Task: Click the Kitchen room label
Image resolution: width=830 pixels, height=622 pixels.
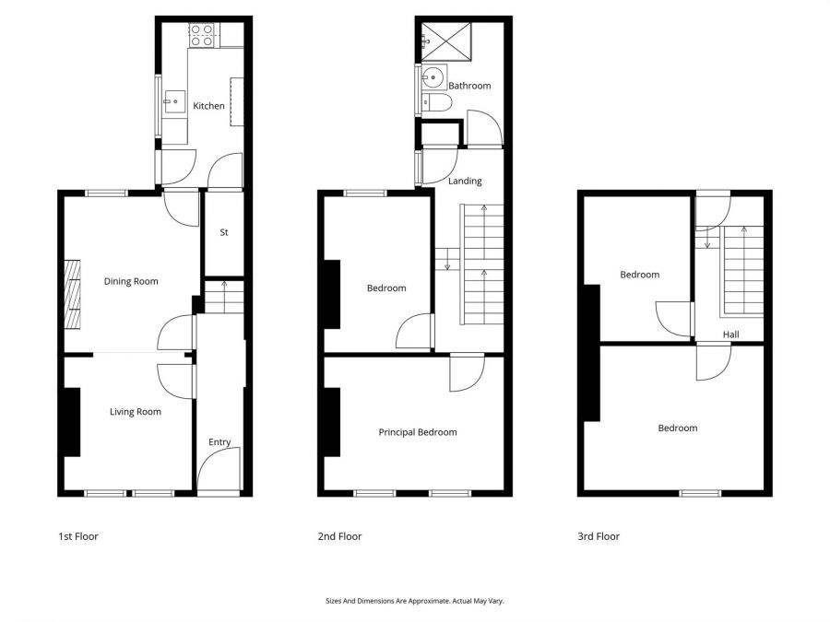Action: pos(208,106)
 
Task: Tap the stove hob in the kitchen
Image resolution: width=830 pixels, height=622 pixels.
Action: pos(202,35)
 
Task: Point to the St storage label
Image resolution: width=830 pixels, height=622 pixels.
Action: pos(223,233)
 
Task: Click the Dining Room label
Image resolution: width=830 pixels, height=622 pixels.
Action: pos(131,282)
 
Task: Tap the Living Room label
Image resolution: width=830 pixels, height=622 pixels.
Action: pos(136,412)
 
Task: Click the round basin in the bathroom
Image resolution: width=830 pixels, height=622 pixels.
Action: pos(434,76)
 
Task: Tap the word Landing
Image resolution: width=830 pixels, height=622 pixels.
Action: pos(465,182)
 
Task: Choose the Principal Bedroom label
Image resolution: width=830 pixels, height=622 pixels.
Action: pos(418,432)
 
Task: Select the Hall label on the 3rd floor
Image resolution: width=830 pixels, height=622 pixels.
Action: pos(730,335)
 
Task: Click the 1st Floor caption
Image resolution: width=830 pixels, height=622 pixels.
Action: pos(77,536)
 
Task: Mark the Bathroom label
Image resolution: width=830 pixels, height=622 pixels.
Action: pos(469,86)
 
